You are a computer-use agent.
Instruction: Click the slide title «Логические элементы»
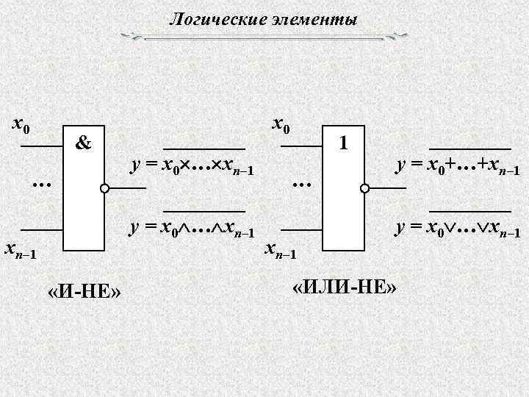pos(264,20)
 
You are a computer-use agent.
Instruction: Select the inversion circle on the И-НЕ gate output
pos(106,189)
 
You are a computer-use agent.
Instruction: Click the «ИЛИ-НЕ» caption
pos(344,287)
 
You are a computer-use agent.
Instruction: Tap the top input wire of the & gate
pos(41,147)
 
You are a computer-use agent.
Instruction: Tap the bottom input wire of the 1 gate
pos(301,230)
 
